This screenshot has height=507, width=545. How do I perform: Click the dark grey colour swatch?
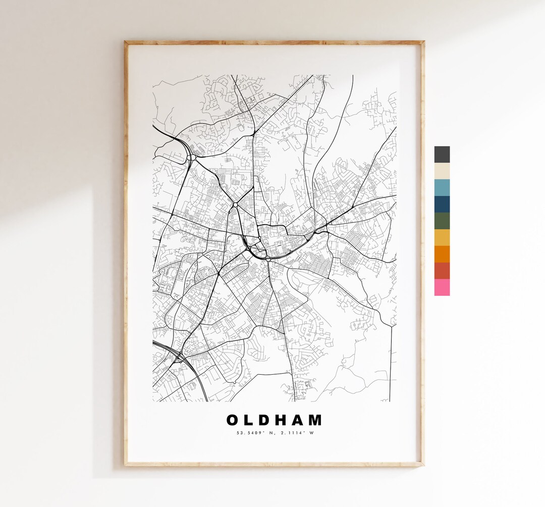(442, 155)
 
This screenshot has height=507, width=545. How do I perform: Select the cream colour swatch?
(442, 171)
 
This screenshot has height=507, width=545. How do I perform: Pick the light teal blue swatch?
(442, 187)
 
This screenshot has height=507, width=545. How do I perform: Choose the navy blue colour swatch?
(442, 204)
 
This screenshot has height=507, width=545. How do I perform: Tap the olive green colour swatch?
(442, 221)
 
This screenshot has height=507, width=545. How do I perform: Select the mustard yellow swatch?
(442, 237)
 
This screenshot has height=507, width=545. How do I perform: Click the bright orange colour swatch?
(442, 254)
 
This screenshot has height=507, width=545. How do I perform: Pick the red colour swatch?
(442, 271)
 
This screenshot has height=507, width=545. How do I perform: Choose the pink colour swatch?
(442, 287)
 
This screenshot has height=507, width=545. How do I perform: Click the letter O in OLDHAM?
(233, 420)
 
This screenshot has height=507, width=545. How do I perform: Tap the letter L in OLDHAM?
(251, 420)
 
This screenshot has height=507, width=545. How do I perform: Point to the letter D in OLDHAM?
(267, 420)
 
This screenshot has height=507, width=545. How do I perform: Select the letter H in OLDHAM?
(285, 420)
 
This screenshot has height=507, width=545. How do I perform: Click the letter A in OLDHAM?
(302, 420)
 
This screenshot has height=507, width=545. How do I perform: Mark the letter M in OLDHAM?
(316, 420)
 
